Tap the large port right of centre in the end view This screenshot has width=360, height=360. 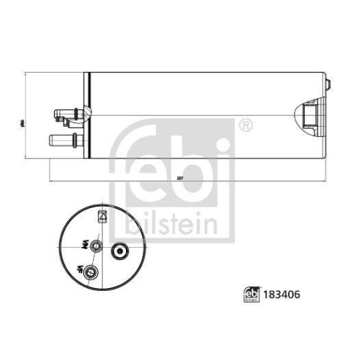click(x=119, y=252)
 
